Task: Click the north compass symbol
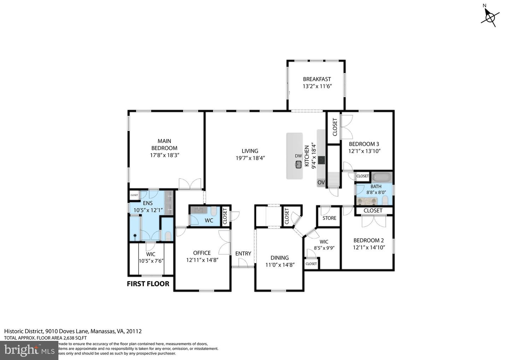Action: pyautogui.click(x=490, y=16)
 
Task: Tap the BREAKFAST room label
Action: pyautogui.click(x=317, y=79)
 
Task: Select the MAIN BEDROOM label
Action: pyautogui.click(x=164, y=145)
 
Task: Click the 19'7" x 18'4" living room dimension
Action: pyautogui.click(x=250, y=158)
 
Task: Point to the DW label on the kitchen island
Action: pyautogui.click(x=298, y=156)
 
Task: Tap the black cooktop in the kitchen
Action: pyautogui.click(x=321, y=160)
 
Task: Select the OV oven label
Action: pyautogui.click(x=321, y=182)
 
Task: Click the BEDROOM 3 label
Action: pyautogui.click(x=364, y=144)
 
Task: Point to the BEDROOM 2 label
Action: pyautogui.click(x=369, y=240)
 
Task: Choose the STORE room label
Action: pyautogui.click(x=329, y=218)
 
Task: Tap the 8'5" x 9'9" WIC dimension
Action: pyautogui.click(x=324, y=248)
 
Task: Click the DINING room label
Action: pyautogui.click(x=280, y=258)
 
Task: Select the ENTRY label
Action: pyautogui.click(x=243, y=254)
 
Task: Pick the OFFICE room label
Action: pyautogui.click(x=202, y=253)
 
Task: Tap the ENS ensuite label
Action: pyautogui.click(x=148, y=203)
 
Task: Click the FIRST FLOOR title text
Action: pyautogui.click(x=148, y=284)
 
